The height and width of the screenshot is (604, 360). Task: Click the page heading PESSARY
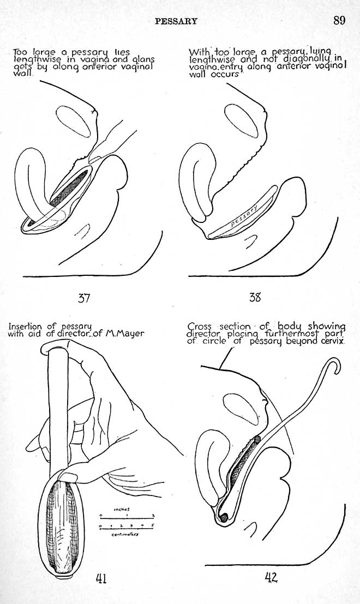[176, 21]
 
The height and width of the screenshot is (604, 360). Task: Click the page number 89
[340, 20]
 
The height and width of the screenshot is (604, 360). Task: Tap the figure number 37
[84, 298]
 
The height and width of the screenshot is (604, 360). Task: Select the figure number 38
[255, 297]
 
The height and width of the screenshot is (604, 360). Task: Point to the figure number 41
[100, 578]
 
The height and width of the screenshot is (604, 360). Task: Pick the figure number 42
[271, 577]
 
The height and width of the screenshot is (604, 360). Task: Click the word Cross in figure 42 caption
[199, 327]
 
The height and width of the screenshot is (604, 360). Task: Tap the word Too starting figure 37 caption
[21, 52]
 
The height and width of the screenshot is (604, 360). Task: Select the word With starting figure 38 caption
[197, 52]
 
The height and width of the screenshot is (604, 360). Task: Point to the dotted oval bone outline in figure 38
[241, 122]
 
